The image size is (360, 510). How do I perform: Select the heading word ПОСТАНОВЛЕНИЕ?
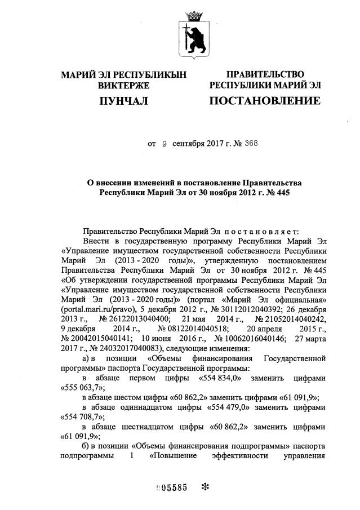pos(265,101)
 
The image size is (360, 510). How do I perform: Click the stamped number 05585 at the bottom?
pos(171,488)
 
